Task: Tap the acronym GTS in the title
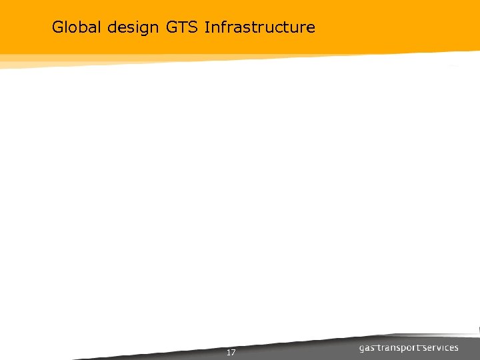pyautogui.click(x=181, y=27)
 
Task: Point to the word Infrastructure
pyautogui.click(x=260, y=27)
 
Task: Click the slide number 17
pyautogui.click(x=231, y=352)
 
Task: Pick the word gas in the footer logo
pyautogui.click(x=367, y=348)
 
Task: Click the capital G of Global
pyautogui.click(x=57, y=27)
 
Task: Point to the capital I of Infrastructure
pyautogui.click(x=207, y=27)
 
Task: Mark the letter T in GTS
pyautogui.click(x=181, y=27)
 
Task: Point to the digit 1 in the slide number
pyautogui.click(x=228, y=352)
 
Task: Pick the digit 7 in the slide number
pyautogui.click(x=233, y=352)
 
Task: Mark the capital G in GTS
pyautogui.click(x=170, y=27)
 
